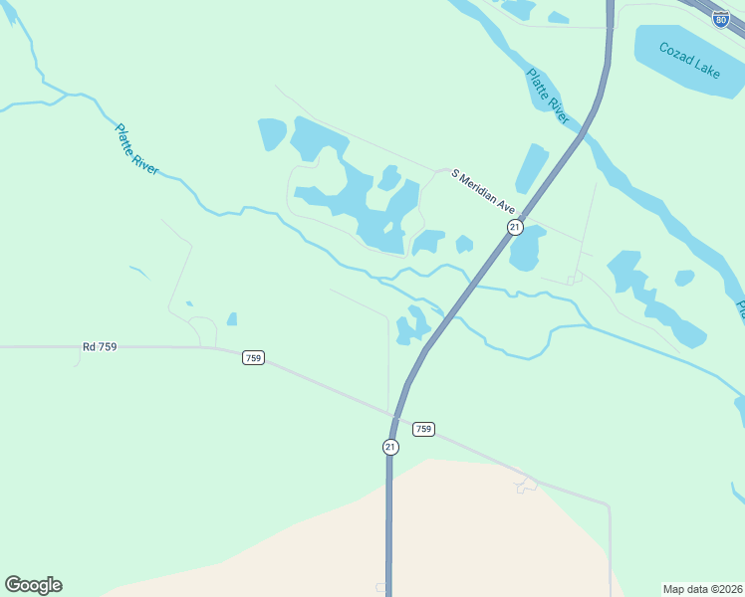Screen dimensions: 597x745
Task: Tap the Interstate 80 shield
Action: [720, 18]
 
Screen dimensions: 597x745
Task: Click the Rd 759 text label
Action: [100, 346]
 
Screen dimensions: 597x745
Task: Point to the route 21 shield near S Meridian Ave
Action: [514, 227]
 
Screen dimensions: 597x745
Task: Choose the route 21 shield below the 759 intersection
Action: [390, 447]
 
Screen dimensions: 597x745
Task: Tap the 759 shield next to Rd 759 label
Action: [253, 357]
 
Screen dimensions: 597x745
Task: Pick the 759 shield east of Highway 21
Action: [423, 429]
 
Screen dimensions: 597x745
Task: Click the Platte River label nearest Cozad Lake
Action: [549, 96]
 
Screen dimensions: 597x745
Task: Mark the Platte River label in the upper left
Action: [136, 148]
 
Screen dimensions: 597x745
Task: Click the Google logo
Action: [33, 585]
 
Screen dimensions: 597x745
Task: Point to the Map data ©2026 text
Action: [701, 589]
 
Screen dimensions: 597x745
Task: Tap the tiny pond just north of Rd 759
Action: [232, 319]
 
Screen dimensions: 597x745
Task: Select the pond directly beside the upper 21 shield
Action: [527, 249]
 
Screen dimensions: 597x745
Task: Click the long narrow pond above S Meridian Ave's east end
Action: [532, 167]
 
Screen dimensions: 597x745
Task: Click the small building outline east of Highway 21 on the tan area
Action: [526, 485]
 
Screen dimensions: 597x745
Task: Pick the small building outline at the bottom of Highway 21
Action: [380, 587]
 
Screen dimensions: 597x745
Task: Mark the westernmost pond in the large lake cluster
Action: [272, 134]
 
